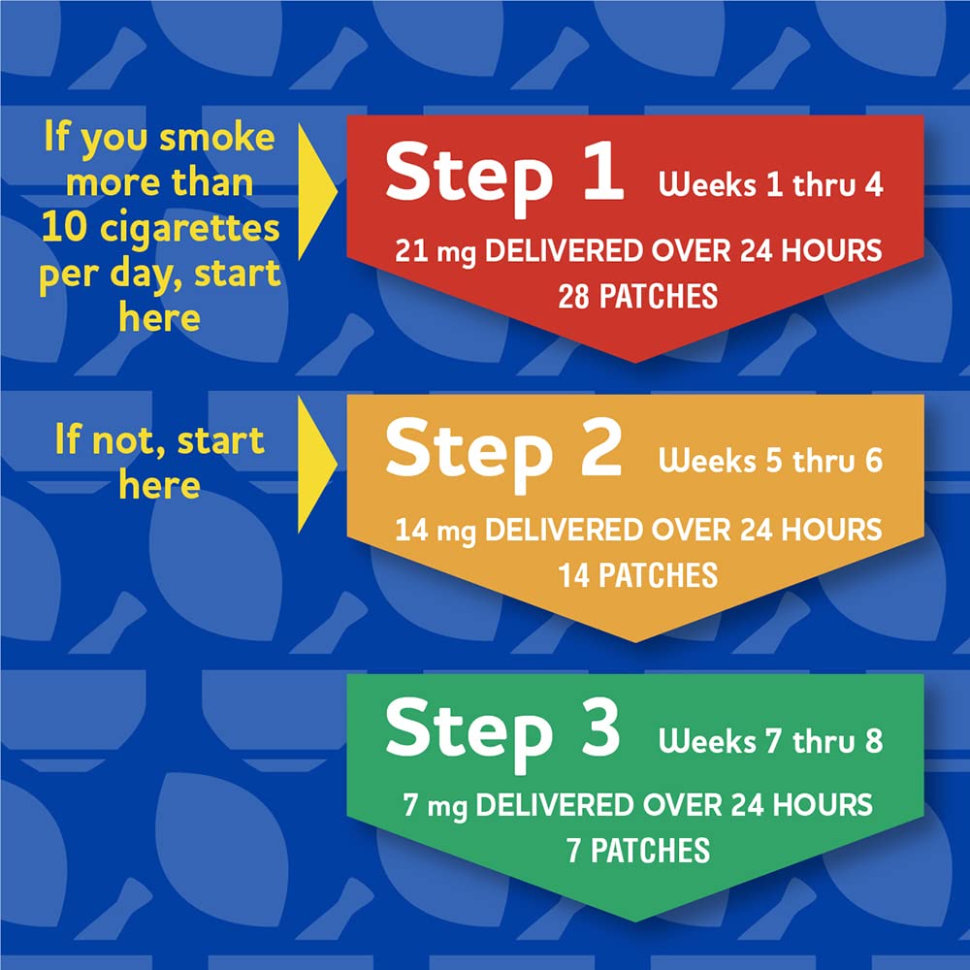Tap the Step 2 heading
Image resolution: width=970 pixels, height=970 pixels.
click(x=502, y=453)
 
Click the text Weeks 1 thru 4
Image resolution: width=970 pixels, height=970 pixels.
click(x=771, y=185)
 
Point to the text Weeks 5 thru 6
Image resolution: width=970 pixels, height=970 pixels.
click(x=771, y=461)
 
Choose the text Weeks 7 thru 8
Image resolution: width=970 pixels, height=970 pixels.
click(x=771, y=742)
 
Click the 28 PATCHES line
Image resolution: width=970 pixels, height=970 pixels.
click(x=637, y=296)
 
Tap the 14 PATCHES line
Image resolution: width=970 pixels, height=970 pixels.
click(x=637, y=574)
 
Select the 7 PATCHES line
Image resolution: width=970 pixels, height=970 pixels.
click(x=637, y=851)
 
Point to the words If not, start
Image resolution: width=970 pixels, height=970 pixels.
click(x=159, y=441)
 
